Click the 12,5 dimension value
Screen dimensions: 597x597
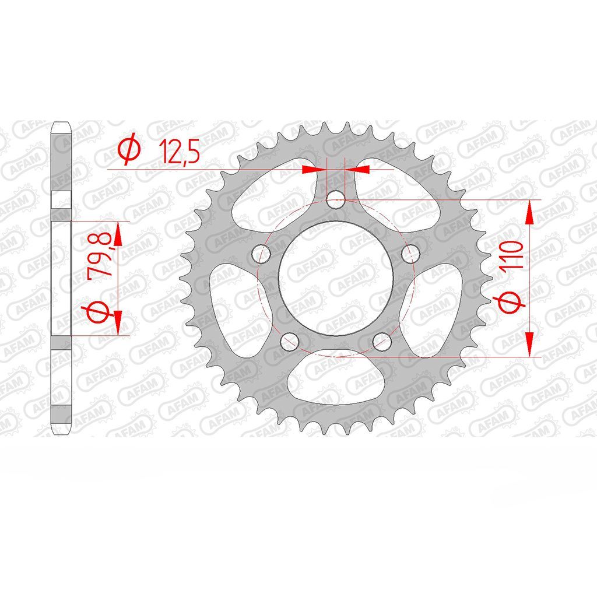[x=179, y=151]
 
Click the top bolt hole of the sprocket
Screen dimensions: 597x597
[x=336, y=200]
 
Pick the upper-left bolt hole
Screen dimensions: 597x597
[x=261, y=253]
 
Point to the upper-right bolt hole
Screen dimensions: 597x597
[x=410, y=253]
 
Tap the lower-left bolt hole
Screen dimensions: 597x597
[x=290, y=342]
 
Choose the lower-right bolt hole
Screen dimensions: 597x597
[x=382, y=342]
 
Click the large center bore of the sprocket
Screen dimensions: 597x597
[x=336, y=278]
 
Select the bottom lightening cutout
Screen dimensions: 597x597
[x=336, y=377]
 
